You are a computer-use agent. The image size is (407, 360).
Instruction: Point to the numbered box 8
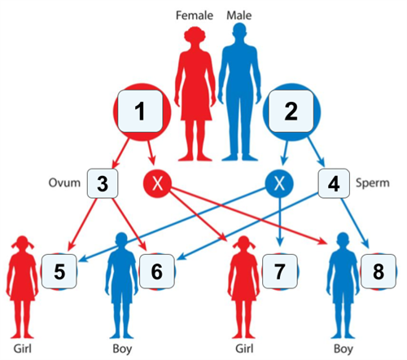click(x=377, y=269)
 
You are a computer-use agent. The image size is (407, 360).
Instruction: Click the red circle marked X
click(x=159, y=184)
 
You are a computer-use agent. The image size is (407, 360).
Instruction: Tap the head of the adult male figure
click(x=241, y=34)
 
